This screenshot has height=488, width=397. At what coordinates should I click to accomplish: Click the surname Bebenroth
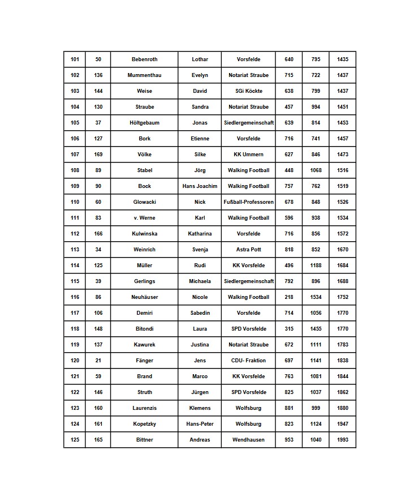click(144, 59)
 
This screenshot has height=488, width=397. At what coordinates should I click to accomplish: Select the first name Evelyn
click(200, 75)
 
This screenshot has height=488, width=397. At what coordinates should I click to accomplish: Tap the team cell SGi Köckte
click(248, 91)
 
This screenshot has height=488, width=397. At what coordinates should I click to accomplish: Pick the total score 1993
click(343, 440)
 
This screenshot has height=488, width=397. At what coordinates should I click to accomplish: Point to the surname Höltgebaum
click(144, 123)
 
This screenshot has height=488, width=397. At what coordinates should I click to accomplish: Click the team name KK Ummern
click(248, 155)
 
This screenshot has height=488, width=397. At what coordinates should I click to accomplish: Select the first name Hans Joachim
click(200, 186)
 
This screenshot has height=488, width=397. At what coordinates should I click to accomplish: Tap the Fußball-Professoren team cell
click(248, 202)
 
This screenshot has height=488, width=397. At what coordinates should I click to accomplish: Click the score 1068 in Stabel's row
click(316, 170)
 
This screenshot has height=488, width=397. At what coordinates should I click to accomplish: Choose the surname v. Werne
click(144, 218)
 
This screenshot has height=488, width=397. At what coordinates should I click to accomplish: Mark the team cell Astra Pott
click(248, 250)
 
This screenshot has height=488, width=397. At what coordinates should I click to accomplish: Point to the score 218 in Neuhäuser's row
click(289, 297)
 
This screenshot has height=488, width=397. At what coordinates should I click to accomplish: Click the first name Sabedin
click(200, 313)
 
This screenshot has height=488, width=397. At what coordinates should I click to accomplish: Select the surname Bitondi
click(144, 329)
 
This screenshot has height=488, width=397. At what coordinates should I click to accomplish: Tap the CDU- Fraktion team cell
click(248, 361)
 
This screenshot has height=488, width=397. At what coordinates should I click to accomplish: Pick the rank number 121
click(75, 376)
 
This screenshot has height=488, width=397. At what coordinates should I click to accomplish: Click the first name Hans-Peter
click(200, 424)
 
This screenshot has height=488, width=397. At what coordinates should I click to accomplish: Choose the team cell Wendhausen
click(248, 440)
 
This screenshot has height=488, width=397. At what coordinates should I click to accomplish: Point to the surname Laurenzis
click(144, 408)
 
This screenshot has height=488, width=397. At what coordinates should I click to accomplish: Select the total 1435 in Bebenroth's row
click(343, 59)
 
